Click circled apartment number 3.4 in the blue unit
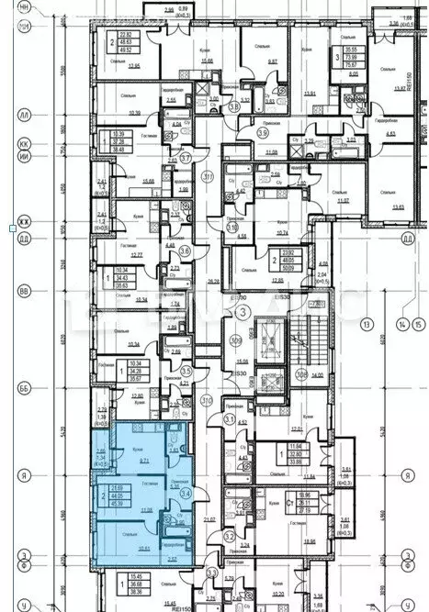186,494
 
